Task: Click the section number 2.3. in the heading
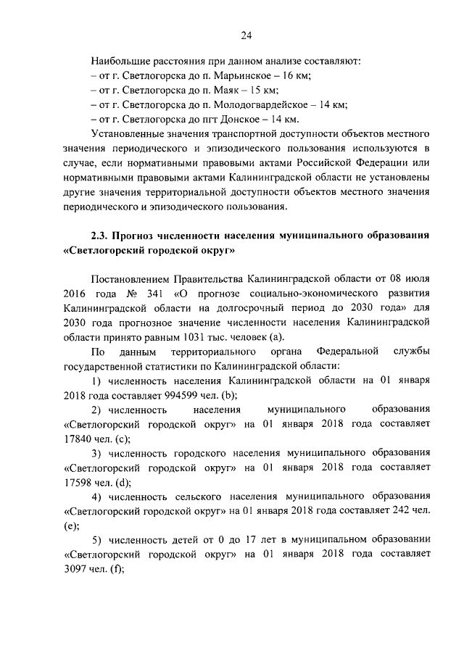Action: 101,236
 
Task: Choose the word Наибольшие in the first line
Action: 118,61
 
